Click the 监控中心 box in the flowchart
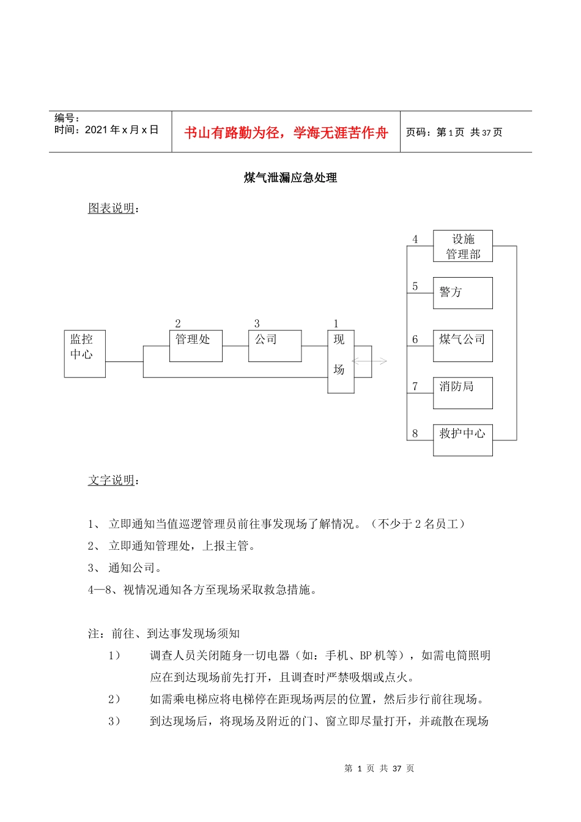tap(85, 354)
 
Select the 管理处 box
tap(196, 346)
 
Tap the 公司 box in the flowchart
tap(275, 346)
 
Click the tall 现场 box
tap(341, 361)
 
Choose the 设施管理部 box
tap(462, 246)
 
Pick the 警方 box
tap(462, 293)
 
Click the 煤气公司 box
tap(462, 346)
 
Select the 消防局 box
tap(462, 393)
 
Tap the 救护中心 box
tap(462, 440)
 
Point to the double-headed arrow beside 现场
tap(370, 361)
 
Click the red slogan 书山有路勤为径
tap(286, 133)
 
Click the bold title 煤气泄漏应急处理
tap(290, 178)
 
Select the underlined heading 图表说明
tap(111, 209)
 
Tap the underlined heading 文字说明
tap(111, 481)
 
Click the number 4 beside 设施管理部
tap(415, 240)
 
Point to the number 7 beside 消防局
tap(415, 387)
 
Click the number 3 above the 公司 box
tap(257, 324)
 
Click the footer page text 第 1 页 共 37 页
tap(379, 769)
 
